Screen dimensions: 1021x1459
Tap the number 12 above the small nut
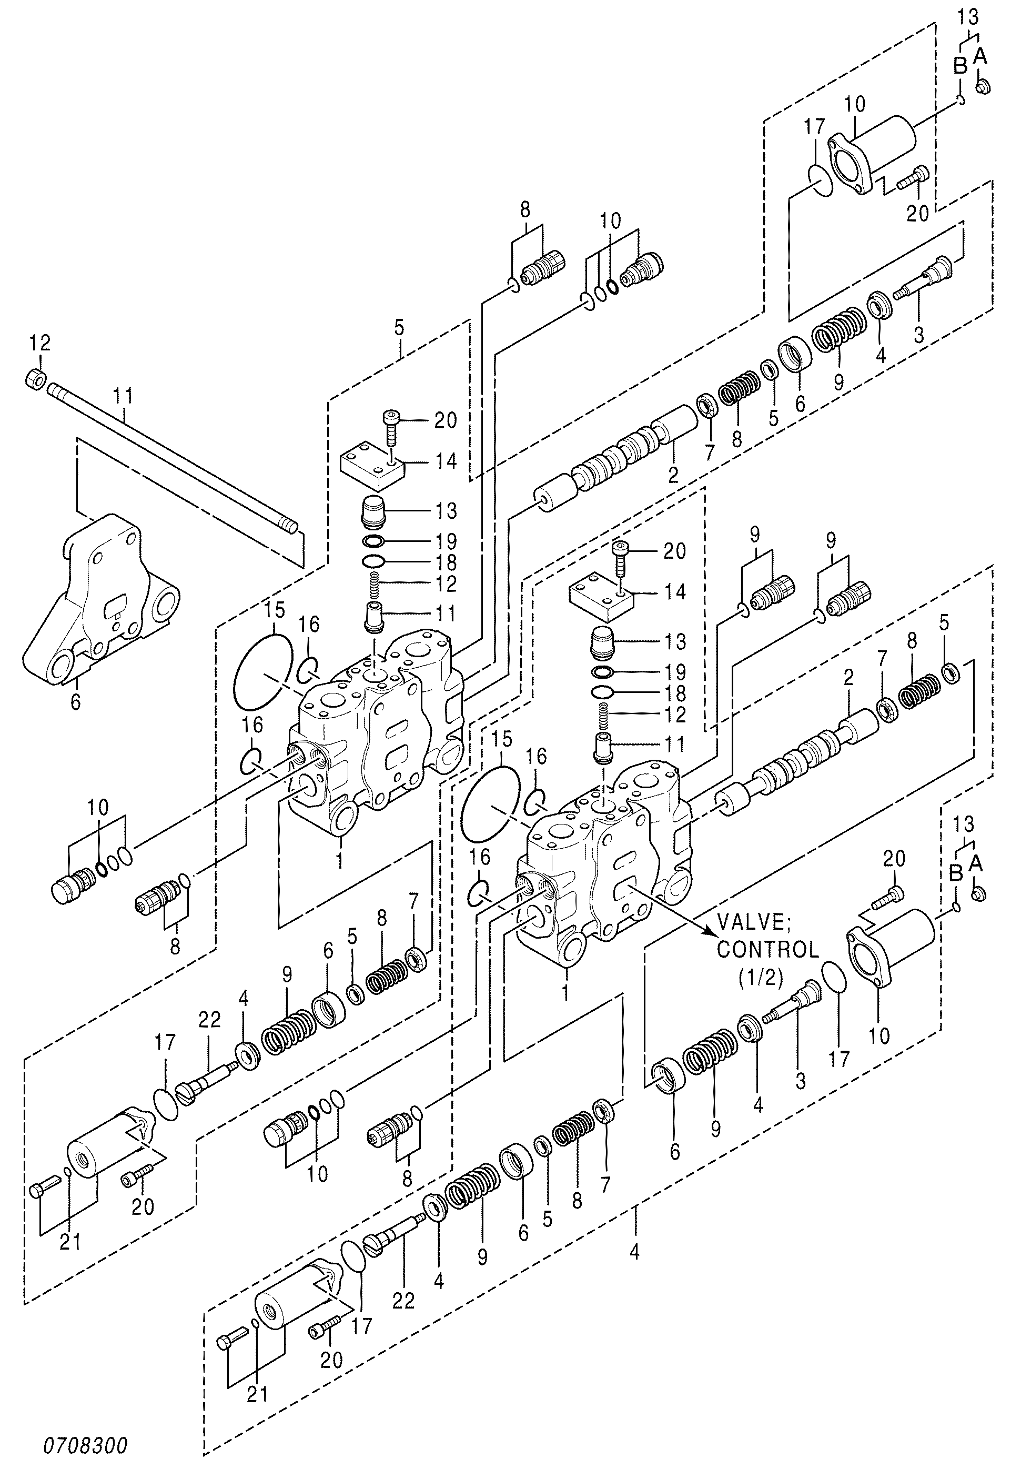pyautogui.click(x=39, y=344)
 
